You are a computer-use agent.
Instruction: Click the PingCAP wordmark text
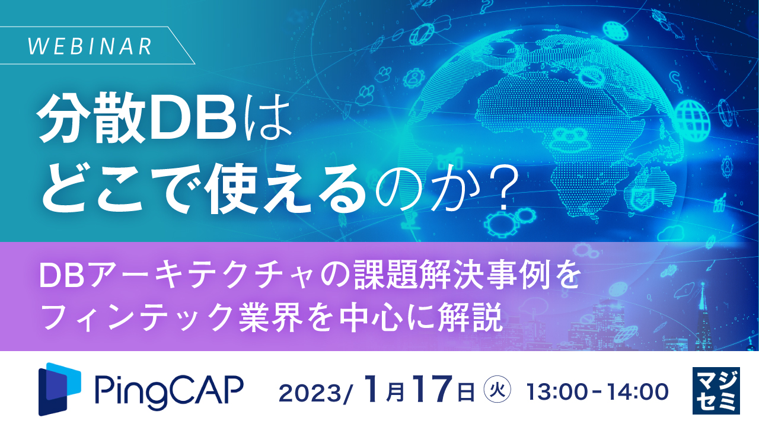168,390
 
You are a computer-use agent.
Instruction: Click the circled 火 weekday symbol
497,390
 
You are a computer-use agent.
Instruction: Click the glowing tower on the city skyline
703,308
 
